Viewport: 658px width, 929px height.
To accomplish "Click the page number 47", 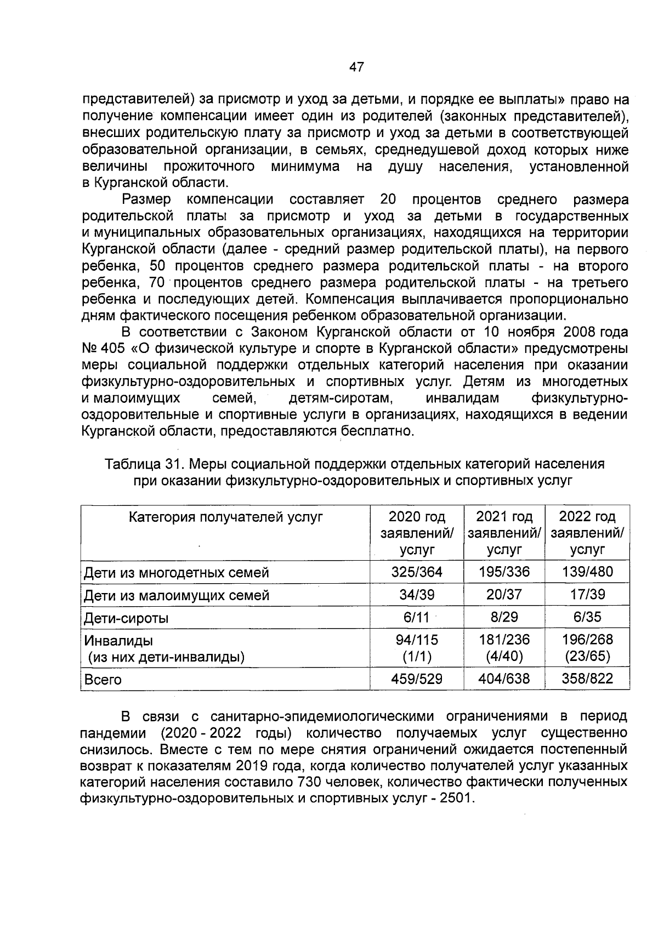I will [356, 67].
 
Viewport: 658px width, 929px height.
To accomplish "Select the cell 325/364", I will [416, 572].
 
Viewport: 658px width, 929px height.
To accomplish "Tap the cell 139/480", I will [587, 572].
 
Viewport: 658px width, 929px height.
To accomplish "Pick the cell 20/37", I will [504, 595].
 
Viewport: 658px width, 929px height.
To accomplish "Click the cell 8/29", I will [504, 617].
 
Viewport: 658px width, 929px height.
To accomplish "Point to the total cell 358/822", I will [587, 679].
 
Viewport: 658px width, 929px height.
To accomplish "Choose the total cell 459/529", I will [416, 679].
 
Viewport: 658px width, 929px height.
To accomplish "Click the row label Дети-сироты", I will [126, 618].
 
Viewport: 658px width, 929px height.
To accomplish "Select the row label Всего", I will [102, 680].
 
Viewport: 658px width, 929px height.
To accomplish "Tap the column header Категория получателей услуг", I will [225, 517].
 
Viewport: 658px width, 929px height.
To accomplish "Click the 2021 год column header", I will [504, 517].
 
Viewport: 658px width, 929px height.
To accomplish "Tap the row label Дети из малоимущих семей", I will [176, 595].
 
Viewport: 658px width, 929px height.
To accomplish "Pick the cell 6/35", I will [587, 617].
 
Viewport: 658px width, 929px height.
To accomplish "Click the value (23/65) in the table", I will [587, 656].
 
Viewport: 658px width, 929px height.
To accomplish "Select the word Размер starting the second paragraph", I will [146, 199].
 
